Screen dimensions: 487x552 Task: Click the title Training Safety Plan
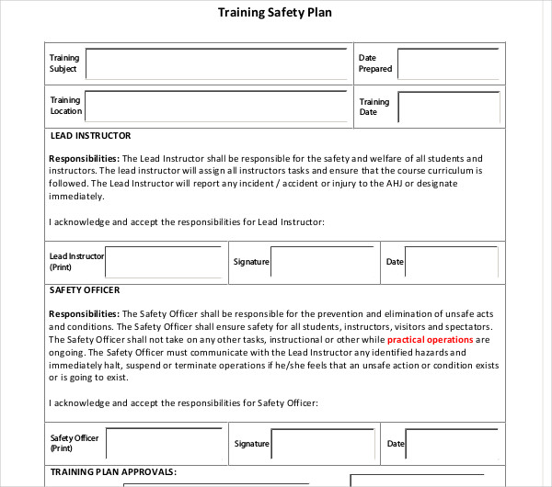click(275, 13)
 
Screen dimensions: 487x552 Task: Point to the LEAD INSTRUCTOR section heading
click(90, 136)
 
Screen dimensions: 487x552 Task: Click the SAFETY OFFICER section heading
click(85, 290)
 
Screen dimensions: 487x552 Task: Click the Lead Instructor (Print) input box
click(163, 262)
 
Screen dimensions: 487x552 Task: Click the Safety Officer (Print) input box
click(163, 443)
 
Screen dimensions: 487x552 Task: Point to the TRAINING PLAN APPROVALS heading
click(112, 472)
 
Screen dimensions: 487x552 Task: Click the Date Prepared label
click(374, 63)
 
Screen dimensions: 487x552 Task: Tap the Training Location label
click(65, 106)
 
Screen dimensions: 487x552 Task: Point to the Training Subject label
click(64, 63)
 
